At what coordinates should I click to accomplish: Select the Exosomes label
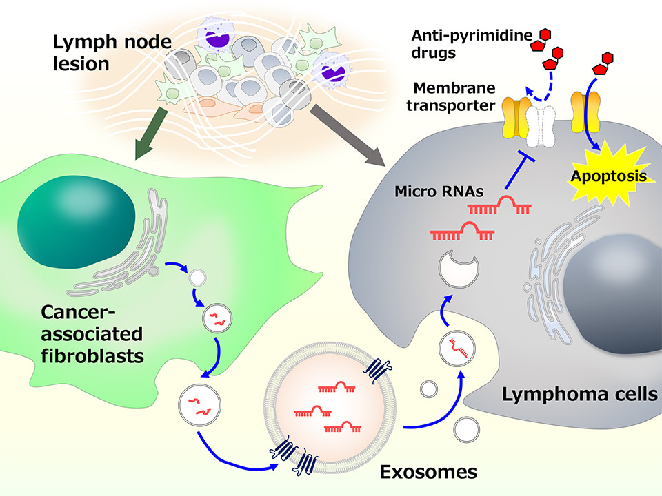tap(428, 473)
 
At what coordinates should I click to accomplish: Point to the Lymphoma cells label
tap(579, 395)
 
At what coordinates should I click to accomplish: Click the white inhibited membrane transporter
tap(541, 124)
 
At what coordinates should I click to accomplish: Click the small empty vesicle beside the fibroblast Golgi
tap(197, 278)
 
